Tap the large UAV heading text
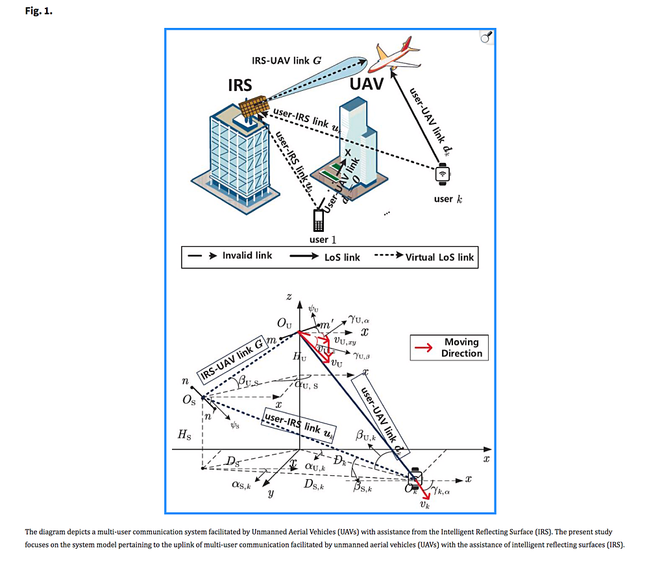point(367,84)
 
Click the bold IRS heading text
point(240,85)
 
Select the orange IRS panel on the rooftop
point(253,106)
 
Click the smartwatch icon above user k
point(443,173)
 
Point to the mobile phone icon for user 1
point(318,221)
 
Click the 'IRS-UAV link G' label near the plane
point(286,60)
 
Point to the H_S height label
point(184,436)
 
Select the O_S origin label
point(188,400)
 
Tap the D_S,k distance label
point(314,484)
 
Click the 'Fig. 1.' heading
point(38,12)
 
